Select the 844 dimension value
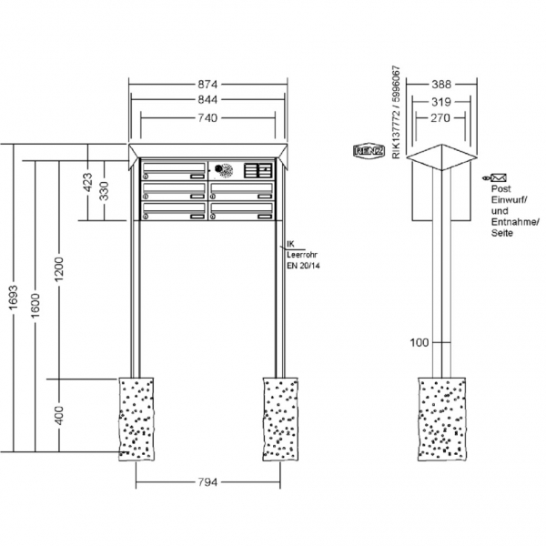click(x=210, y=101)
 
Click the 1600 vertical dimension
click(x=34, y=307)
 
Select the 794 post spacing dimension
click(x=208, y=482)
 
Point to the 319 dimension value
click(x=441, y=102)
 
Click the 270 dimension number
click(x=441, y=118)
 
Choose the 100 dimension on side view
click(x=419, y=342)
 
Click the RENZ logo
click(x=369, y=151)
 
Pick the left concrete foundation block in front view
click(x=137, y=418)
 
